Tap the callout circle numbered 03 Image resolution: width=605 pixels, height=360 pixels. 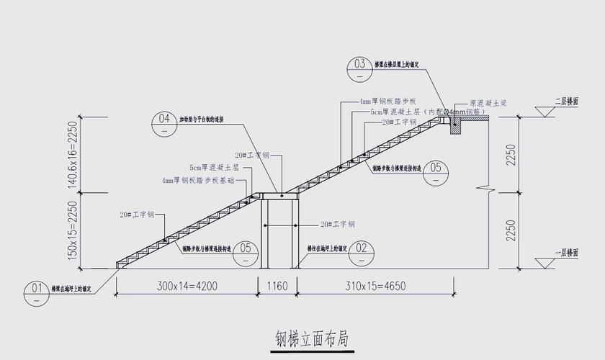click(x=360, y=66)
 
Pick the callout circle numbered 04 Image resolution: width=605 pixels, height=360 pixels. click(x=164, y=120)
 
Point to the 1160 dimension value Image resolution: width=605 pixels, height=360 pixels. click(x=277, y=287)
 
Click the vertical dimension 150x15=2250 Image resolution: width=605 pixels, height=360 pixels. click(x=72, y=230)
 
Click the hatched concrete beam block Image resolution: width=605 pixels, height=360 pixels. click(x=455, y=127)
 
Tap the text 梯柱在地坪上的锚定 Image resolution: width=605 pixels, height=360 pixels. click(x=327, y=248)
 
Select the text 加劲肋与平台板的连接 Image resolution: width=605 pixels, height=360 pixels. click(x=201, y=120)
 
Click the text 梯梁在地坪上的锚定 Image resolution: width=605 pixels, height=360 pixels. click(x=72, y=289)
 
